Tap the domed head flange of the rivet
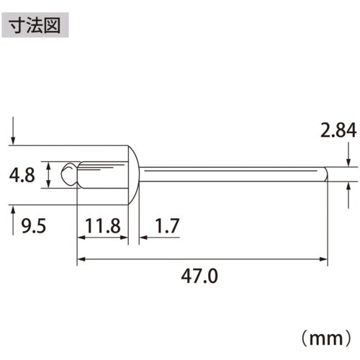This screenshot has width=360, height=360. point(134,174)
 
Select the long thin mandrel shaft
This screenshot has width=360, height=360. point(230,174)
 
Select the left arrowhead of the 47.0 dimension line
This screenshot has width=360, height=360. point(81,258)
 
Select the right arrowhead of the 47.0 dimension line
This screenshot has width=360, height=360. point(325,258)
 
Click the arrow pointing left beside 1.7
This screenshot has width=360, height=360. point(142,237)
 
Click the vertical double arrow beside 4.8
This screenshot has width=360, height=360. point(48,175)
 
